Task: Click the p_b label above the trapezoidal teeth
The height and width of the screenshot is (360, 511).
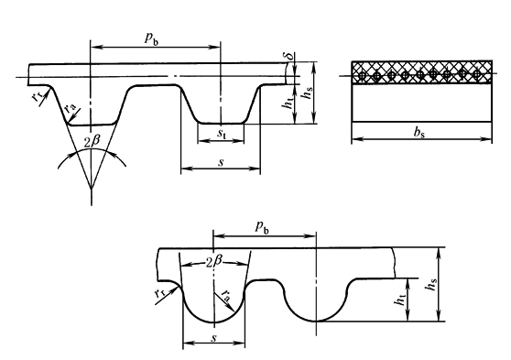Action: point(151,38)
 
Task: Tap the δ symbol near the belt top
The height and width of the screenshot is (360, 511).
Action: point(289,56)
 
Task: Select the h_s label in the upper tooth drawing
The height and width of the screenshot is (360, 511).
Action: point(308,93)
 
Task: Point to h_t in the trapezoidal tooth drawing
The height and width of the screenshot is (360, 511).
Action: point(288,103)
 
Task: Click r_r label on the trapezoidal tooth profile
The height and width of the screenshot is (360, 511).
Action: point(38,95)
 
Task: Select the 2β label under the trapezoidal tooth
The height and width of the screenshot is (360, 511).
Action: point(92,142)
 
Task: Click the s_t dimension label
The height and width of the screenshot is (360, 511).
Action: point(222,134)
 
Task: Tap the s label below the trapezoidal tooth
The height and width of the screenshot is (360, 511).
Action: point(222,162)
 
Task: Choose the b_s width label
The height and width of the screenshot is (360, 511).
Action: point(419,132)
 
